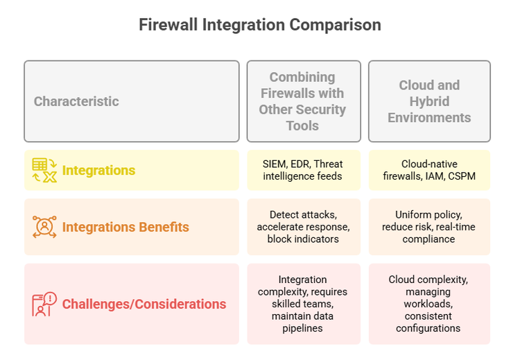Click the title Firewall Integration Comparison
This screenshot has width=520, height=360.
coord(260,24)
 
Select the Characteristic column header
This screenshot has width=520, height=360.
coord(76,101)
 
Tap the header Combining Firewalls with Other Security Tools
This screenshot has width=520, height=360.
coord(303,101)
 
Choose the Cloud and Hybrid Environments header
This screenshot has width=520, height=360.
coord(429,101)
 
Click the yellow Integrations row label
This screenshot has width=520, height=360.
coord(98,171)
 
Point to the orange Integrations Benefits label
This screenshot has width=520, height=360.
coord(125,227)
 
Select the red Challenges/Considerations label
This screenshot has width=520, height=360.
coord(144,304)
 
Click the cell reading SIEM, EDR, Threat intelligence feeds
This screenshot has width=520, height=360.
coord(303,170)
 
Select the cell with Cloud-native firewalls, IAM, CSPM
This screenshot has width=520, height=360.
coord(429,170)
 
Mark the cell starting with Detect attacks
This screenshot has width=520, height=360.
coord(303,227)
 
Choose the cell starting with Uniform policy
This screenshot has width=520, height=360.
coord(429,227)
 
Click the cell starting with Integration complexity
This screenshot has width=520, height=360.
coord(303,304)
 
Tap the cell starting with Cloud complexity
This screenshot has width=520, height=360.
coord(429,304)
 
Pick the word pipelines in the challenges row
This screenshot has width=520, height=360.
coord(303,328)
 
